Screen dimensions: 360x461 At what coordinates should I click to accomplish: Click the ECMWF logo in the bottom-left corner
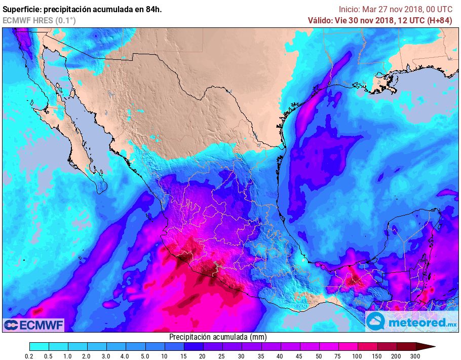coord(33,325)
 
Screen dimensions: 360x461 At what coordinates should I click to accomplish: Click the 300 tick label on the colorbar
coord(416,357)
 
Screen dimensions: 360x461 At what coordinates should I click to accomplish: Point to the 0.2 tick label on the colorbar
coord(30,357)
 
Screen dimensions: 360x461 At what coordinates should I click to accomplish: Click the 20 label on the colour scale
coord(203,357)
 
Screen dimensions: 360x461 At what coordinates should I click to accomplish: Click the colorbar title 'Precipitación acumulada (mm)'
coord(217,337)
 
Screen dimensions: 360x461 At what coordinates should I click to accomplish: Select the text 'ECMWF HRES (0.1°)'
coord(40,20)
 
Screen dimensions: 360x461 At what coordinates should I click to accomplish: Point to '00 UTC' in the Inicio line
coord(438,9)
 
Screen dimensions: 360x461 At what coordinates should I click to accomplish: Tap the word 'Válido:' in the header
coord(320,20)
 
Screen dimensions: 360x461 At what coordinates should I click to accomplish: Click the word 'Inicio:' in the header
coord(349,9)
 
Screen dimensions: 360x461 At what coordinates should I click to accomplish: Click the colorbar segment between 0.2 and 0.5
coord(40,346)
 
